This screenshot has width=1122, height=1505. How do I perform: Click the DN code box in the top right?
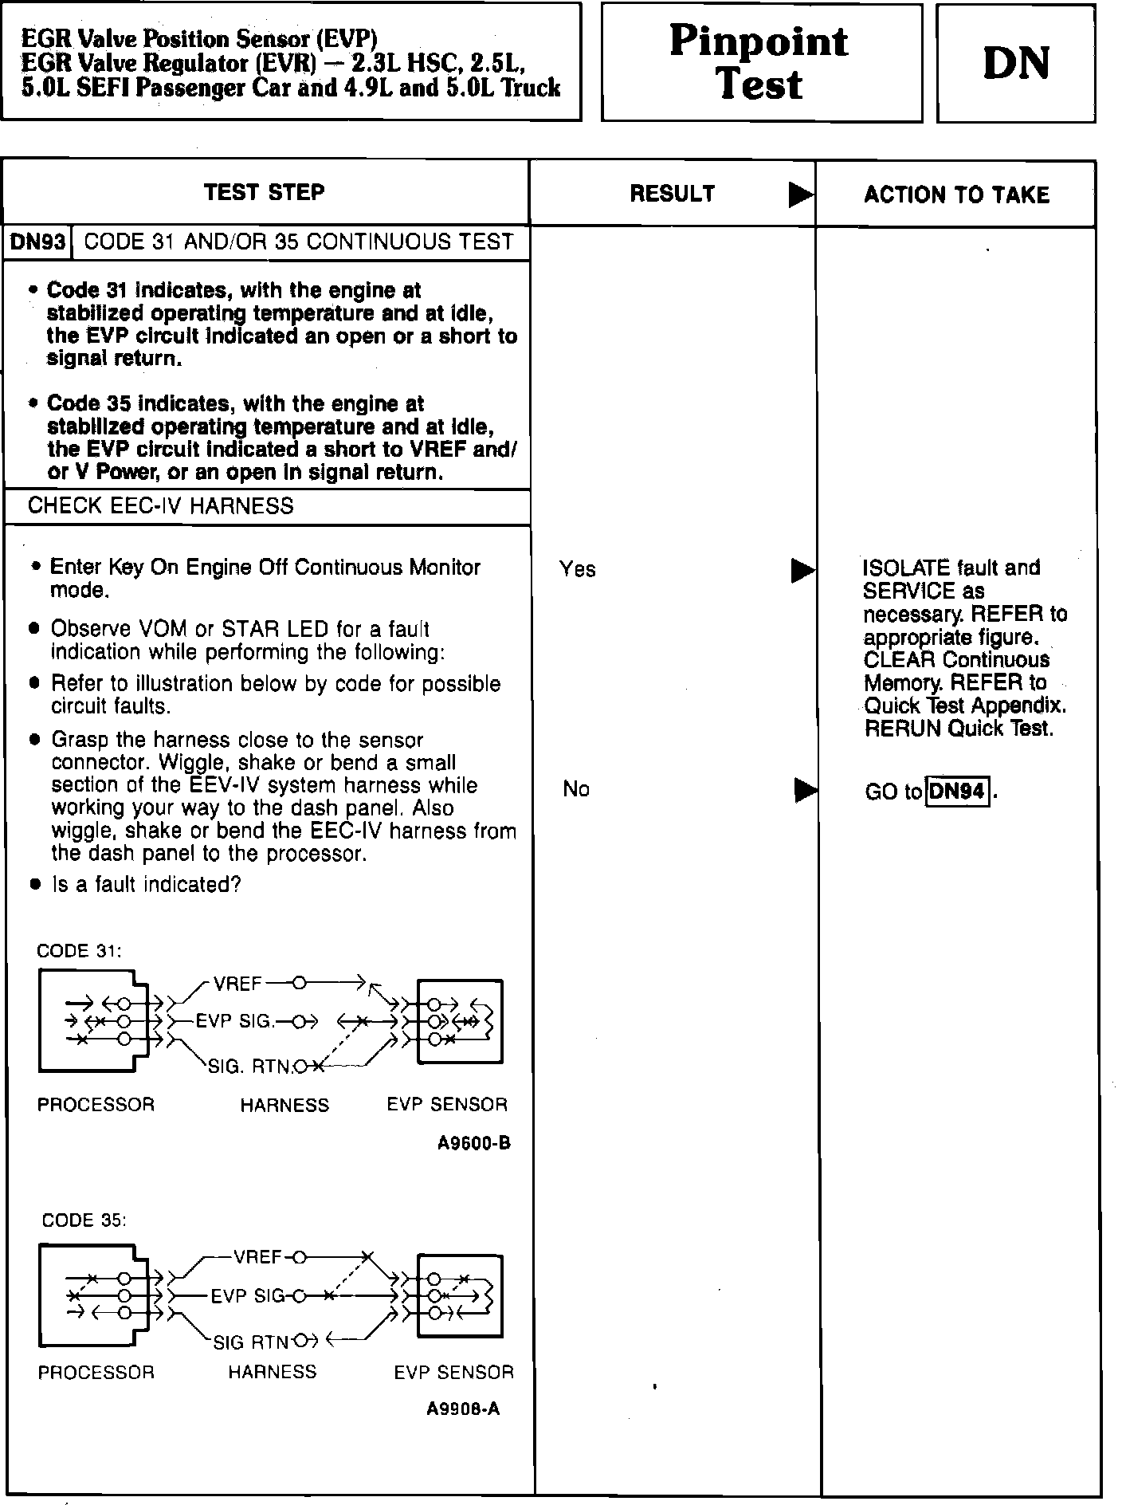(x=1016, y=63)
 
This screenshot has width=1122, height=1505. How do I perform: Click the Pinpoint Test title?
(x=759, y=62)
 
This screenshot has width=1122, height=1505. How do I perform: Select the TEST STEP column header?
(x=265, y=193)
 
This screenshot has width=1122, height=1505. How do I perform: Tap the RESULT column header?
(x=673, y=194)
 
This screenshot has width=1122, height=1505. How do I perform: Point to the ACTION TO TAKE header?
(x=956, y=195)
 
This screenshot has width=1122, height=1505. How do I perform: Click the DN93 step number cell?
(x=37, y=242)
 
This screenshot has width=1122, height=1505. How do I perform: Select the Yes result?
(x=577, y=569)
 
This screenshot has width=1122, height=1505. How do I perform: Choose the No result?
(x=576, y=789)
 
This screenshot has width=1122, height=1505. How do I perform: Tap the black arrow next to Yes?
(x=802, y=571)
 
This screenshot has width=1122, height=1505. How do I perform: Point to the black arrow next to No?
(x=806, y=790)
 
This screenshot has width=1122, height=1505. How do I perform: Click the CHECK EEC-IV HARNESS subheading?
(x=160, y=506)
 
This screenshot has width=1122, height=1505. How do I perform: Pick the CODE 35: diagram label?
(x=84, y=1220)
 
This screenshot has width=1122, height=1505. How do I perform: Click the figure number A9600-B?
(x=473, y=1143)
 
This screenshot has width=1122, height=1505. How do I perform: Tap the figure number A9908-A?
(x=463, y=1409)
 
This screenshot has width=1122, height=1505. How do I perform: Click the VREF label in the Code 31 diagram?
(x=237, y=984)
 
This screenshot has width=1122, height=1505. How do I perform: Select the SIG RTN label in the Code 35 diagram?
(x=250, y=1343)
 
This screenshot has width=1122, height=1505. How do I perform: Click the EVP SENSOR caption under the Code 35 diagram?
(x=453, y=1372)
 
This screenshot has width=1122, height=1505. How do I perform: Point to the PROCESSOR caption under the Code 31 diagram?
(x=96, y=1105)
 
